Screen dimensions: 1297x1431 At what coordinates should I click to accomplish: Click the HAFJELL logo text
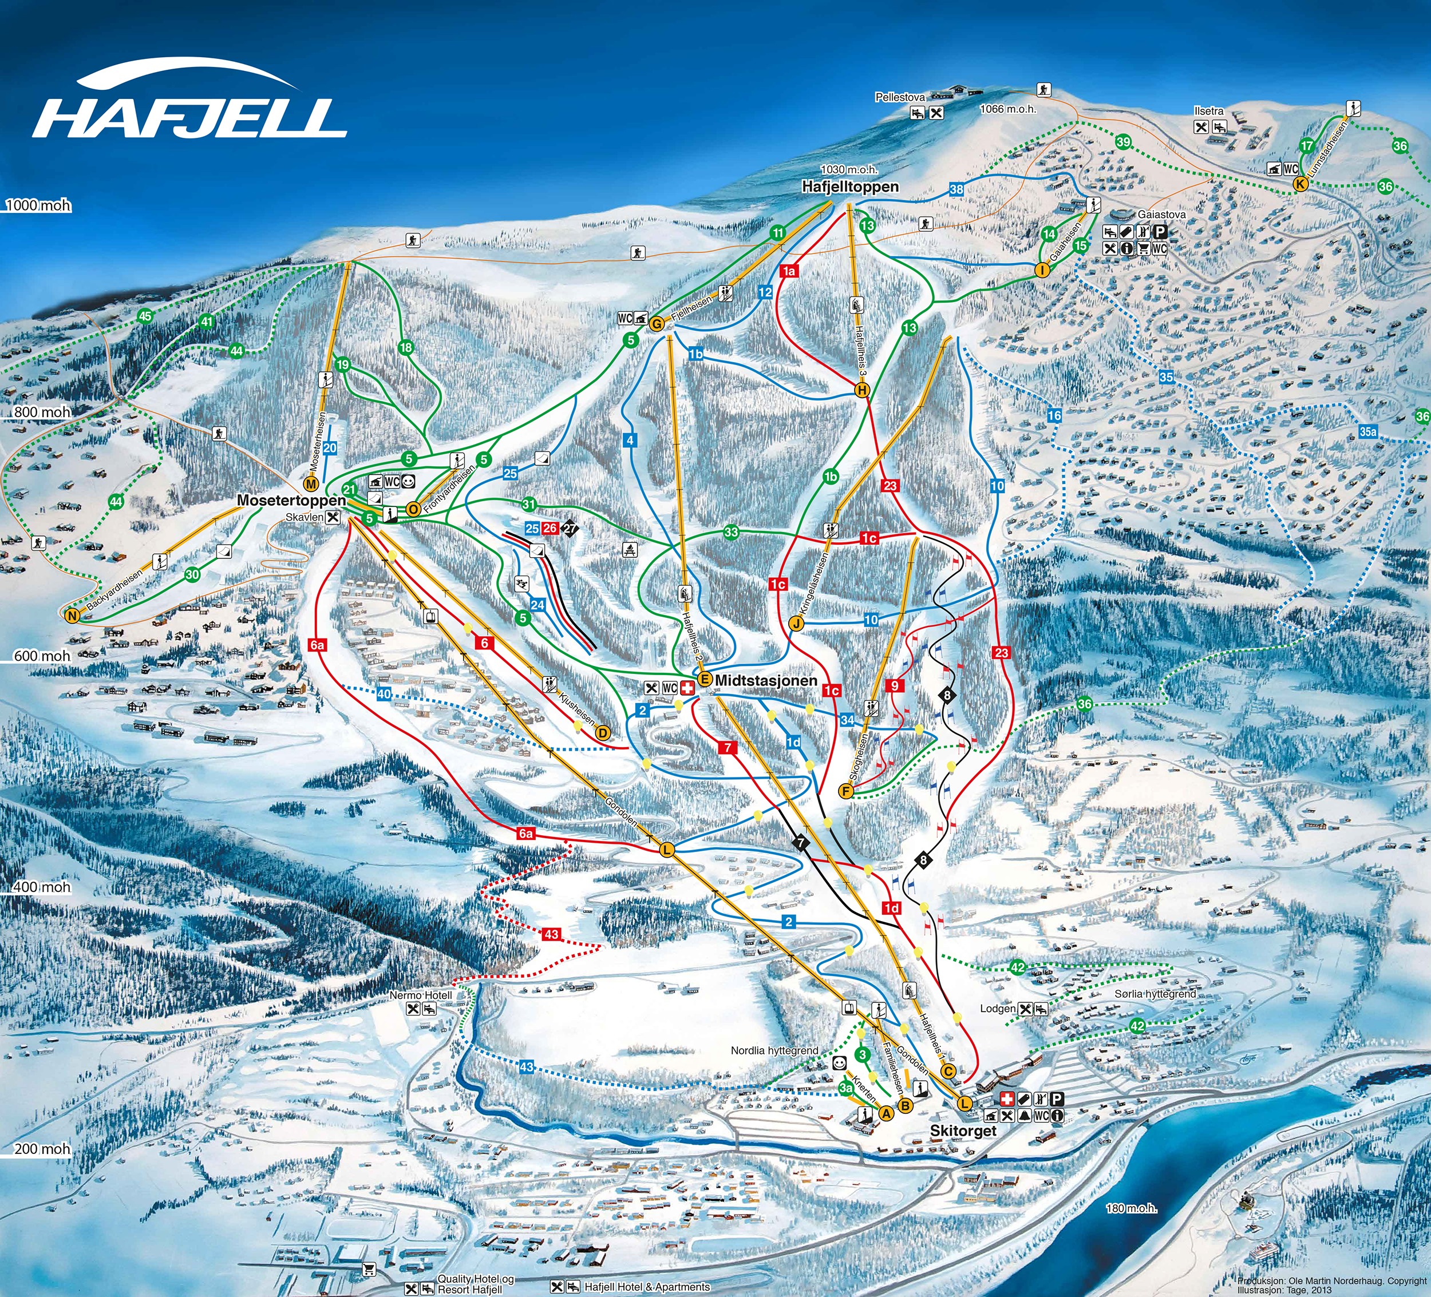coord(190,117)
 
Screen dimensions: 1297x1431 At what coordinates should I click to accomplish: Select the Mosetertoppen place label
coord(291,500)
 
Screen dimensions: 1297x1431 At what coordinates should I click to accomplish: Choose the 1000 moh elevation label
coord(39,206)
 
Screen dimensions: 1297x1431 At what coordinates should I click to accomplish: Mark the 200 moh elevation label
coord(42,1148)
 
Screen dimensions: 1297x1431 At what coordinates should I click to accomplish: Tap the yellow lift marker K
coord(1300,184)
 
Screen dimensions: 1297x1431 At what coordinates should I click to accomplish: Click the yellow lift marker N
coord(71,616)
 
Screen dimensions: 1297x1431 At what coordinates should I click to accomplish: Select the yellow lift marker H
coord(861,390)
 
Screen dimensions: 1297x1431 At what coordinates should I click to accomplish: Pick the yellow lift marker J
coord(796,624)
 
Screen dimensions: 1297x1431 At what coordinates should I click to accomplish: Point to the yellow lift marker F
coord(845,791)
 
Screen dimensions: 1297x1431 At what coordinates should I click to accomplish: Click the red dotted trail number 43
coord(552,934)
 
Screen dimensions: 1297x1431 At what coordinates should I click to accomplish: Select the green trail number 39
coord(1123,142)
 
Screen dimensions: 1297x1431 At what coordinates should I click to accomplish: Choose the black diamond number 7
coord(801,843)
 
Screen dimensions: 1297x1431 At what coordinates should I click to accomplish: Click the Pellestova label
coord(899,97)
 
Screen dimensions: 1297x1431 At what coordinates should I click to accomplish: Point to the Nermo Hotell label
coord(420,995)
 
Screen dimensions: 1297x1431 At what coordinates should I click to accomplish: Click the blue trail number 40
coord(384,694)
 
